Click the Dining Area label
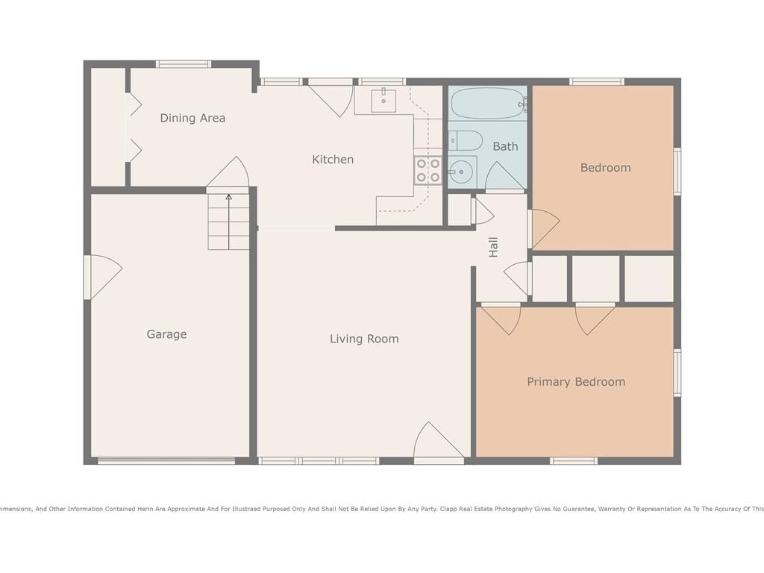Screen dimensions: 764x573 (x=192, y=118)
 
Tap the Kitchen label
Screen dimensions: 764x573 (x=333, y=160)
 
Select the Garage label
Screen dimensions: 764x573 (x=166, y=334)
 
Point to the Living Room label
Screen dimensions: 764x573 (x=364, y=339)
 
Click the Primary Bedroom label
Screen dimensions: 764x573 (x=576, y=381)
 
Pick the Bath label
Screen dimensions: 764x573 (x=505, y=146)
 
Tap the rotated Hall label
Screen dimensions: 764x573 (x=493, y=247)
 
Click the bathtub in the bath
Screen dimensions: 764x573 (x=488, y=104)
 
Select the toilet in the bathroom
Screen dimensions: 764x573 (x=465, y=141)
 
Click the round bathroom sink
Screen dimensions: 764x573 (x=461, y=172)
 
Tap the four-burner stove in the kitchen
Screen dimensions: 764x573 (x=428, y=171)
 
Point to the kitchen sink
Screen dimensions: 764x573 (x=383, y=101)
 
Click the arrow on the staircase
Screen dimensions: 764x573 (x=228, y=222)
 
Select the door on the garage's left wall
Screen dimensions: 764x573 (x=103, y=277)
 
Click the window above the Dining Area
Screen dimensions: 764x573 (x=184, y=64)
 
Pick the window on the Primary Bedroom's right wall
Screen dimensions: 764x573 (x=677, y=373)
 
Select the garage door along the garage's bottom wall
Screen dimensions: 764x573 (x=166, y=460)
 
